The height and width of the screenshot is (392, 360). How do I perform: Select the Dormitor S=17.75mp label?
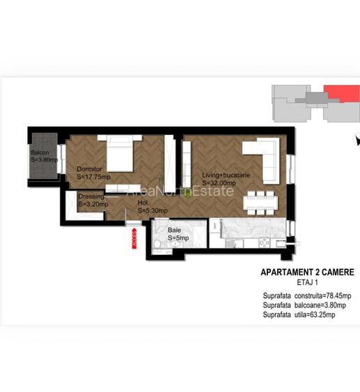[x=94, y=173]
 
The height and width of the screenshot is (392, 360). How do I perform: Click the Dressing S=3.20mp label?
[x=92, y=201]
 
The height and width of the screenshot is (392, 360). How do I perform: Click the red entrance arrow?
[x=133, y=237]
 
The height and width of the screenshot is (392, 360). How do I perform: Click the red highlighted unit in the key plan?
[x=338, y=93]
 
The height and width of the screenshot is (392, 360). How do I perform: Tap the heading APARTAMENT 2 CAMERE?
[x=306, y=272]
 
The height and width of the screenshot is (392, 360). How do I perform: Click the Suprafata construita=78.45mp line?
[x=306, y=296]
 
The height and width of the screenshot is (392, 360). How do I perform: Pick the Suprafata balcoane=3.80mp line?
[x=302, y=305]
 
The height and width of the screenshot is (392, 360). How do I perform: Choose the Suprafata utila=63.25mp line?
[x=299, y=315]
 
